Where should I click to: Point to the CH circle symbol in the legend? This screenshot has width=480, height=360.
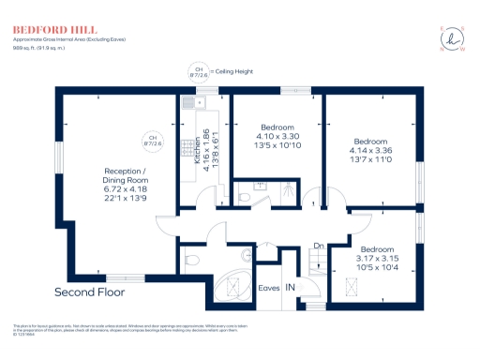pos(198,72)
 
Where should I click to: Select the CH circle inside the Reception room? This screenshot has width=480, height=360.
pos(151,142)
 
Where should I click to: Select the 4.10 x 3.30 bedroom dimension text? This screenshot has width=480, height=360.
pos(277,138)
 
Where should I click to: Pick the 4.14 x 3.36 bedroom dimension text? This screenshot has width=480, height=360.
pos(371,150)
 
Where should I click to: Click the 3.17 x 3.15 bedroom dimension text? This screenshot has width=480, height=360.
pos(377,258)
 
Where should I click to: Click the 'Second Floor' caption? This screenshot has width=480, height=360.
pos(90,292)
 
